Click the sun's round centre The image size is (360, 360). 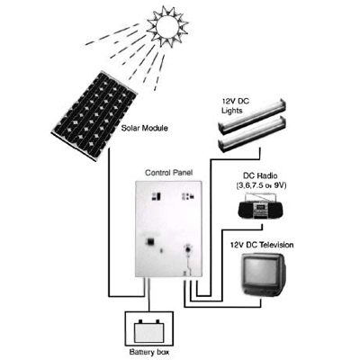point(167,26)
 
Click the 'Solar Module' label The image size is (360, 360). point(144,129)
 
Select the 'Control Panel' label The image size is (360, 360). point(169,173)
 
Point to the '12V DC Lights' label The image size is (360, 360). point(235,106)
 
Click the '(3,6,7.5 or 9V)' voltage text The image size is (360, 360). point(260,185)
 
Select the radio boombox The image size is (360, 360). point(260,207)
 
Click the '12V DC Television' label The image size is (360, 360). point(262,245)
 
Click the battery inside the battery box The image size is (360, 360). point(149,331)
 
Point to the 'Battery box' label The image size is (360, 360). point(148,352)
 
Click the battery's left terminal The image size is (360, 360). point(139,322)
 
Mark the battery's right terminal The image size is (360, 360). point(157,322)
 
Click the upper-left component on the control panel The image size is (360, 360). point(156,197)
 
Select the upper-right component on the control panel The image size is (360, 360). point(188,197)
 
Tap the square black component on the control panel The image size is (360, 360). point(149,241)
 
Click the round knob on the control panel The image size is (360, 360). point(188,249)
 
